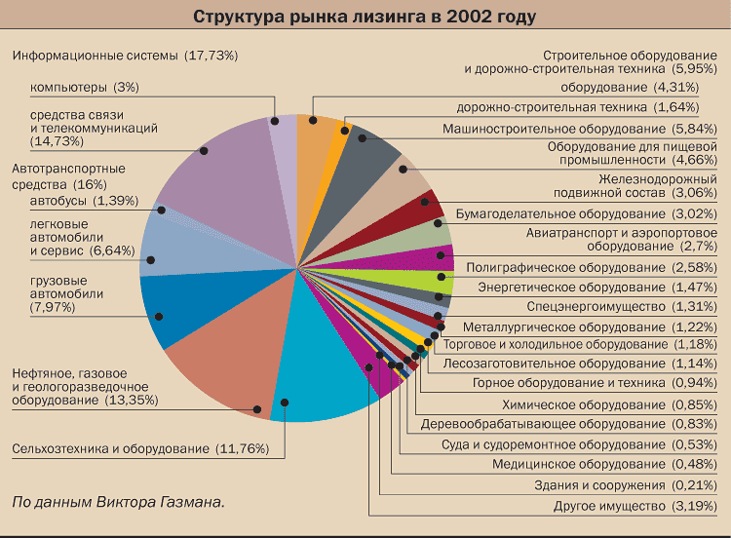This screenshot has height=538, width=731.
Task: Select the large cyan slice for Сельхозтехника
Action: [x=322, y=380]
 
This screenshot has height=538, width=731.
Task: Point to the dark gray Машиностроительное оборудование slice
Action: [x=375, y=151]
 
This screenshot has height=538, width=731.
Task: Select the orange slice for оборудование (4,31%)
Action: [x=315, y=122]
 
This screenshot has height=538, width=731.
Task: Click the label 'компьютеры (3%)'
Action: [x=85, y=87]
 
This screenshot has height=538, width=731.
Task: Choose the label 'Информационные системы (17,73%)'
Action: [x=125, y=56]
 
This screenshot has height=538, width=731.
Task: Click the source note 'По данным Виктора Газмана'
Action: [x=118, y=502]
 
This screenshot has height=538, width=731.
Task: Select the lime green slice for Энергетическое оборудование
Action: [x=429, y=280]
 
